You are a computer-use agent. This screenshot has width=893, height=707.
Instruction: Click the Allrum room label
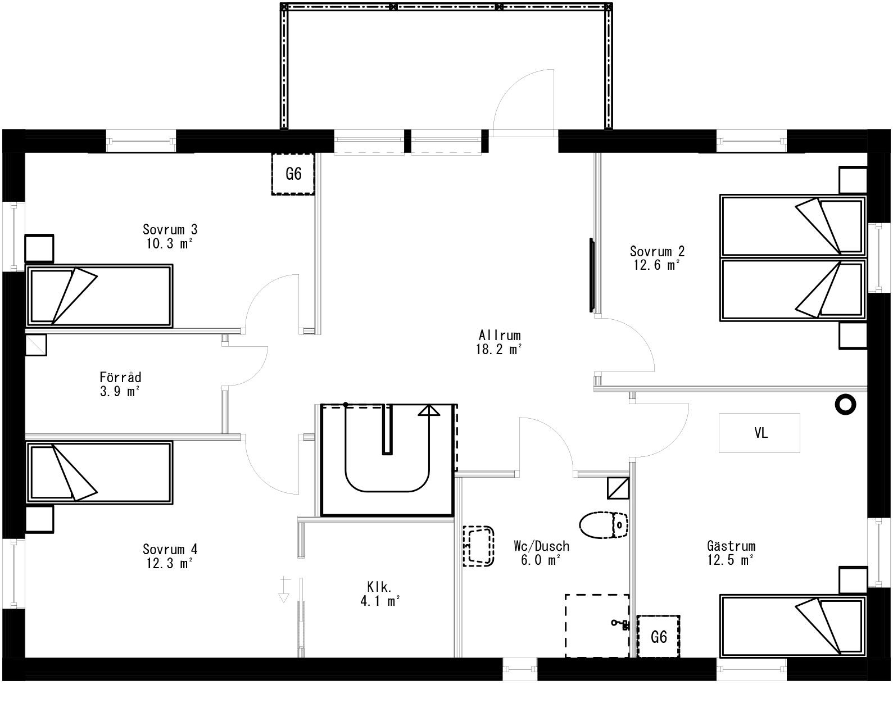[500, 336]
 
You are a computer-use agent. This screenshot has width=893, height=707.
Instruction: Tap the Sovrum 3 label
[170, 229]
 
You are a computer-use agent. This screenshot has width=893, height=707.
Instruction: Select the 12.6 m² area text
[657, 265]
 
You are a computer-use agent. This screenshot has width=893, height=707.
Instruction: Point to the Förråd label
[120, 377]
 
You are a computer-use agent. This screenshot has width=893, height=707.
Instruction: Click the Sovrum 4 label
[170, 549]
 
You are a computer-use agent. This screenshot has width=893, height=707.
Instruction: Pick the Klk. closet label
[379, 587]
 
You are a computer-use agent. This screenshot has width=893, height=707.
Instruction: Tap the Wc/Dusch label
[541, 546]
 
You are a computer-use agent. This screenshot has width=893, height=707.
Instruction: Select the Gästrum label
[731, 546]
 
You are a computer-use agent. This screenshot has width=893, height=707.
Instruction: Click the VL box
[759, 433]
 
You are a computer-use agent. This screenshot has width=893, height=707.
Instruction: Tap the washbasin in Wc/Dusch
[478, 546]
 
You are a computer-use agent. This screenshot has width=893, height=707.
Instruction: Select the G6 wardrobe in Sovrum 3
[293, 174]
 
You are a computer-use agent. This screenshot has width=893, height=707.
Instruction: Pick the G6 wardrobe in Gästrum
[658, 637]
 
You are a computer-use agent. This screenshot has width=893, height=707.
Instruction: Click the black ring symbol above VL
[845, 404]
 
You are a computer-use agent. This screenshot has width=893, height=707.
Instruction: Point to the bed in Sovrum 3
[99, 296]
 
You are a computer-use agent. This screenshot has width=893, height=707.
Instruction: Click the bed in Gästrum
[792, 626]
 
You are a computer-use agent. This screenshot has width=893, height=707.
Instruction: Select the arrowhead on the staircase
[429, 410]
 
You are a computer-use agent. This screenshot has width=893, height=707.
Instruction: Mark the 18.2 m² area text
[500, 350]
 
